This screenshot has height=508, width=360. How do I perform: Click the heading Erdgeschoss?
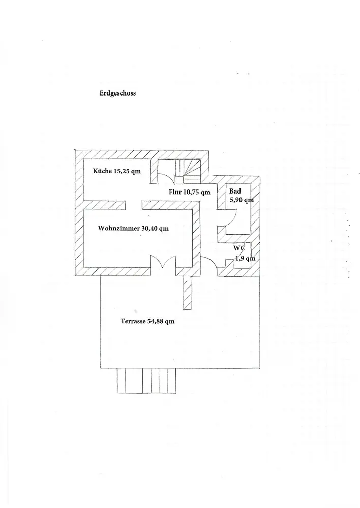(x=117, y=93)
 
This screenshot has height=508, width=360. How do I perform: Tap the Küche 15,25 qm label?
(x=116, y=171)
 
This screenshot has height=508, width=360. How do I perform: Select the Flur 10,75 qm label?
(x=190, y=192)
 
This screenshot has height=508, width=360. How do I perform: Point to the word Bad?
(x=235, y=191)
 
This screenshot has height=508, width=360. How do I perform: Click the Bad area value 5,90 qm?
(x=241, y=200)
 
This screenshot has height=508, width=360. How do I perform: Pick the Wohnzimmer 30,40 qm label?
(x=133, y=229)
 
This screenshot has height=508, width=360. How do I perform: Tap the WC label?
(x=239, y=249)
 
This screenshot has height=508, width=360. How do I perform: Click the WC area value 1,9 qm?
(x=245, y=259)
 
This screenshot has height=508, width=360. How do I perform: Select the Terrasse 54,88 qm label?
(x=147, y=321)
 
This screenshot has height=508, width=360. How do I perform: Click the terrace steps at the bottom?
(x=147, y=380)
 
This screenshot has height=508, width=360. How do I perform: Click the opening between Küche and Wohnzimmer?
(x=134, y=205)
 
